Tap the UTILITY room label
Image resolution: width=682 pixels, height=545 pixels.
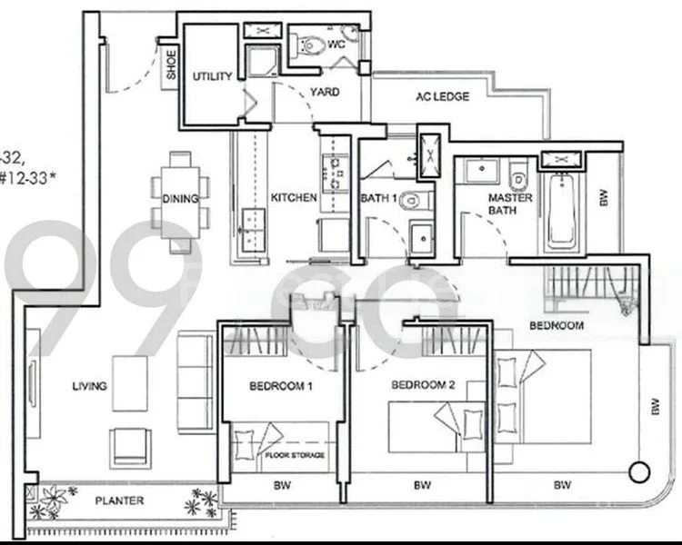[x=212, y=77]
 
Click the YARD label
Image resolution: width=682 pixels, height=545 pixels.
[x=325, y=92]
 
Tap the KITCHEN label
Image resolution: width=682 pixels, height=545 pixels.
[x=294, y=197]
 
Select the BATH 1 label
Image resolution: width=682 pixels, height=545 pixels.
[x=379, y=197]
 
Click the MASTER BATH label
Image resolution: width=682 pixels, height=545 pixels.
[x=510, y=204]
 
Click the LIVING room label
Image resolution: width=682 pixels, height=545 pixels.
[x=90, y=386]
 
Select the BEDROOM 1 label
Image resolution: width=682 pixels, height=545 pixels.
[x=281, y=386]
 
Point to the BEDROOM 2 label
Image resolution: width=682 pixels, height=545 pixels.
[x=422, y=385]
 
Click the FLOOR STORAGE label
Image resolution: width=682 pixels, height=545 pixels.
[x=295, y=454]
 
